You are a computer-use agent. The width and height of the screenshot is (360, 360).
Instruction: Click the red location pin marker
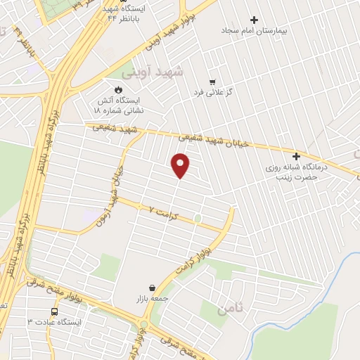pos(181,165)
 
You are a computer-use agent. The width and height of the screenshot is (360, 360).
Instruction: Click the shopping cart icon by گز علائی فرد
pos(212,81)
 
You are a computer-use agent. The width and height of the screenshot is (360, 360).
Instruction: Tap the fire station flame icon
pos(118,89)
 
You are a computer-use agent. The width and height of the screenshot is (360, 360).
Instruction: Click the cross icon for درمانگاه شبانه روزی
pos(296,156)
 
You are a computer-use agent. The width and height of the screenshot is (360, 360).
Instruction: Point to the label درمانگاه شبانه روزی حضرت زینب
pos(296,173)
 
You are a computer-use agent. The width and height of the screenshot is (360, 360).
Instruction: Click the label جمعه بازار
pos(150,300)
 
